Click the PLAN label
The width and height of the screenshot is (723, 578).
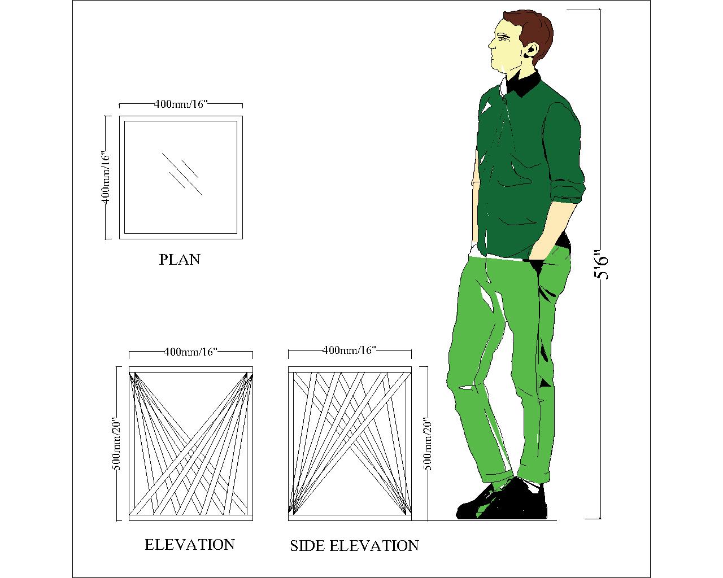tap(180, 260)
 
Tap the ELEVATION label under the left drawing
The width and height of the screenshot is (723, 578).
tap(190, 545)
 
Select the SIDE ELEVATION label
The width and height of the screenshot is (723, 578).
tap(354, 546)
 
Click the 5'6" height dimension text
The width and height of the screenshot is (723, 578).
tap(600, 266)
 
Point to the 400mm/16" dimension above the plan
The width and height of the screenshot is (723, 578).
tap(181, 104)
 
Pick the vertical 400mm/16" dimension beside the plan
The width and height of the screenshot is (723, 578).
tap(105, 177)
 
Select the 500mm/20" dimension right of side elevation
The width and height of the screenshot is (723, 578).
tap(428, 444)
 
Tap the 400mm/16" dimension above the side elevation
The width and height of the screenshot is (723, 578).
tap(349, 351)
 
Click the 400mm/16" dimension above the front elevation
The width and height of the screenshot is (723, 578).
tap(190, 352)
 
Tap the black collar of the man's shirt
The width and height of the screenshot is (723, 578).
tap(525, 84)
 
